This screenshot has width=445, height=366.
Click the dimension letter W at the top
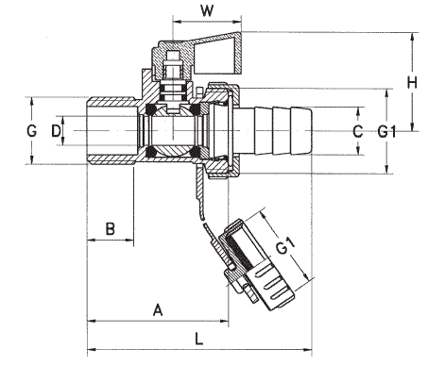(x=207, y=11)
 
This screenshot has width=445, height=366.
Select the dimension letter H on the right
(x=412, y=82)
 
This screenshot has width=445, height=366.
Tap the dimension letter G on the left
(x=31, y=131)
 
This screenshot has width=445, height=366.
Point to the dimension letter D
(x=56, y=131)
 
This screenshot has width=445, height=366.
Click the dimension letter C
(x=358, y=131)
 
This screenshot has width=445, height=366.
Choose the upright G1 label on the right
(x=386, y=131)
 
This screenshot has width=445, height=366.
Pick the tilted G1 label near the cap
(x=285, y=245)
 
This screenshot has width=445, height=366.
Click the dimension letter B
(x=110, y=228)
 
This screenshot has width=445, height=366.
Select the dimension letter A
(x=158, y=309)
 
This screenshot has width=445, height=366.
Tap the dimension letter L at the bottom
(x=198, y=339)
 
